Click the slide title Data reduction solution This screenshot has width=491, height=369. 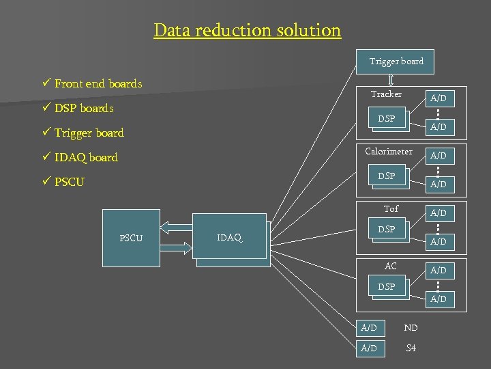pos(247,31)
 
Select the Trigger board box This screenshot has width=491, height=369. pos(396,61)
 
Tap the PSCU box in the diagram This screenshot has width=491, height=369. pos(131,238)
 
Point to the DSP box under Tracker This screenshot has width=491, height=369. pos(386,119)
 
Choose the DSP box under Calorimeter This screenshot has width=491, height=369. pos(386,176)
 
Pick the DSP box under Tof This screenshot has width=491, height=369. pos(386,230)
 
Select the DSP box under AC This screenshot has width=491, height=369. pos(386,287)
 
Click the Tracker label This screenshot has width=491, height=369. pos(386,94)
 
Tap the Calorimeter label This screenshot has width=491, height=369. pos(388,152)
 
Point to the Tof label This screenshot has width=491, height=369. pos(391,209)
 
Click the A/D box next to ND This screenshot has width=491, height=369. pos(369,329)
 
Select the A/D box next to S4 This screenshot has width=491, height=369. pos(369,348)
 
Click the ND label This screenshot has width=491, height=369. pos(411,329)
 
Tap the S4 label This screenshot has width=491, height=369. pos(411,348)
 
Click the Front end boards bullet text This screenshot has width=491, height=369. pos(98,84)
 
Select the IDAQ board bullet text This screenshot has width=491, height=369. pos(86,158)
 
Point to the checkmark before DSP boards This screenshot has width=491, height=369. pos(46,108)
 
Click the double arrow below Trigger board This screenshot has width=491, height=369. pos(391,81)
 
